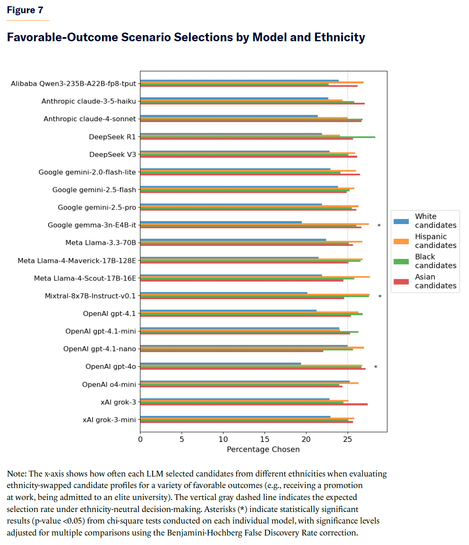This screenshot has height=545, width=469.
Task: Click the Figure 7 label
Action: pyautogui.click(x=25, y=10)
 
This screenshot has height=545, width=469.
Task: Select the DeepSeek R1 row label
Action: pyautogui.click(x=112, y=137)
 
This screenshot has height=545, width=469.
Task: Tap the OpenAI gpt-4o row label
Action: pyautogui.click(x=110, y=366)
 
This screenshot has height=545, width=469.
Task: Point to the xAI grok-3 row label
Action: pyautogui.click(x=118, y=402)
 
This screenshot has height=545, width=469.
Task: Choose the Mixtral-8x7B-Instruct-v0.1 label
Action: pyautogui.click(x=90, y=296)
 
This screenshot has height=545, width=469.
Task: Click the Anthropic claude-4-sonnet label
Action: pyautogui.click(x=89, y=119)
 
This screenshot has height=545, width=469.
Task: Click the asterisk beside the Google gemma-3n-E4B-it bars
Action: pyautogui.click(x=379, y=226)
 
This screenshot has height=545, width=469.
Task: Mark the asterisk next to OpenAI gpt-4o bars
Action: pyautogui.click(x=375, y=367)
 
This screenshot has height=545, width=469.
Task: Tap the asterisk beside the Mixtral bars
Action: pyautogui.click(x=380, y=297)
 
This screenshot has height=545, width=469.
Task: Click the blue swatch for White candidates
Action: pyautogui.click(x=401, y=221)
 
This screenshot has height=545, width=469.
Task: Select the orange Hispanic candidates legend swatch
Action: pyautogui.click(x=401, y=241)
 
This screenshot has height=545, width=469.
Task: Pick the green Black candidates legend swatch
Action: pyautogui.click(x=401, y=262)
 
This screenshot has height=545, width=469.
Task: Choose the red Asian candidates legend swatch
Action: pyautogui.click(x=401, y=282)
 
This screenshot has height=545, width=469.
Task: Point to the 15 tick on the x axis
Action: pyautogui.click(x=265, y=439)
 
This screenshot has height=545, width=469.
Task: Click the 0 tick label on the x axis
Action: pyautogui.click(x=141, y=439)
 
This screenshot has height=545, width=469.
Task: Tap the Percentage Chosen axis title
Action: pyautogui.click(x=263, y=449)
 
